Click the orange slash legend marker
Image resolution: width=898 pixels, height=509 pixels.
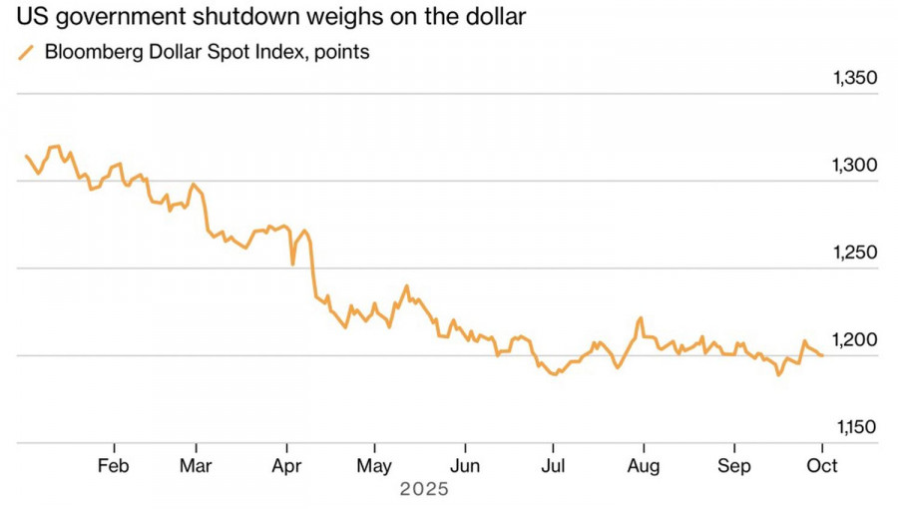click(x=27, y=53)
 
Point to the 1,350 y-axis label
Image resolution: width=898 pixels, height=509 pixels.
click(x=853, y=80)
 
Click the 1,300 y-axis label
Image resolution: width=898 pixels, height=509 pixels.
click(x=853, y=167)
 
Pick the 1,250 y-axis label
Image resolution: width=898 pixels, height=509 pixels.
click(x=853, y=254)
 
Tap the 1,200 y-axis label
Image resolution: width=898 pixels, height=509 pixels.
click(x=853, y=340)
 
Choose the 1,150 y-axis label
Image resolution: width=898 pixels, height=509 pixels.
click(x=853, y=427)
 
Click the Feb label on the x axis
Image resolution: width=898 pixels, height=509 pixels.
click(x=114, y=466)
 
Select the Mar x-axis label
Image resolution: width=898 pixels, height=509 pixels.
click(x=197, y=466)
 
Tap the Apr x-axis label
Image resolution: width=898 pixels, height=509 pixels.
click(x=286, y=466)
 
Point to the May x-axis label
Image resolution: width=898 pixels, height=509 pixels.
click(x=373, y=466)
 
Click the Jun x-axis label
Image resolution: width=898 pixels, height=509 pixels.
click(x=463, y=466)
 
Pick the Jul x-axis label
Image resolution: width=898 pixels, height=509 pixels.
click(x=553, y=466)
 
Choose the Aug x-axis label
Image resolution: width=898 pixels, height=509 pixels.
click(x=644, y=466)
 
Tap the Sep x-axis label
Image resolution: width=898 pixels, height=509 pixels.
click(x=735, y=466)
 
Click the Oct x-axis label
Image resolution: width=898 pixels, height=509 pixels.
click(x=822, y=466)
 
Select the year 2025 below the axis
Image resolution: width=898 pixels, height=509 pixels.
click(x=424, y=490)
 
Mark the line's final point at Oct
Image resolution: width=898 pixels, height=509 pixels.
click(x=822, y=355)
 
